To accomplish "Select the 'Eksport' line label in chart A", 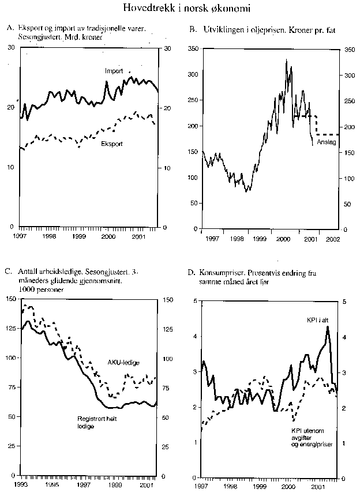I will (x=111, y=144).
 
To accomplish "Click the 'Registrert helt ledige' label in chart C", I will (x=97, y=422).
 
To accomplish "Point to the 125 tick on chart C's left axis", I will (x=10, y=329).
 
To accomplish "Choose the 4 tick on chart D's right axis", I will (x=344, y=337).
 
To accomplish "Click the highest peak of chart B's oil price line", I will (x=286, y=59).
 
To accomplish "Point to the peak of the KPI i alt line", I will (x=328, y=327).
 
